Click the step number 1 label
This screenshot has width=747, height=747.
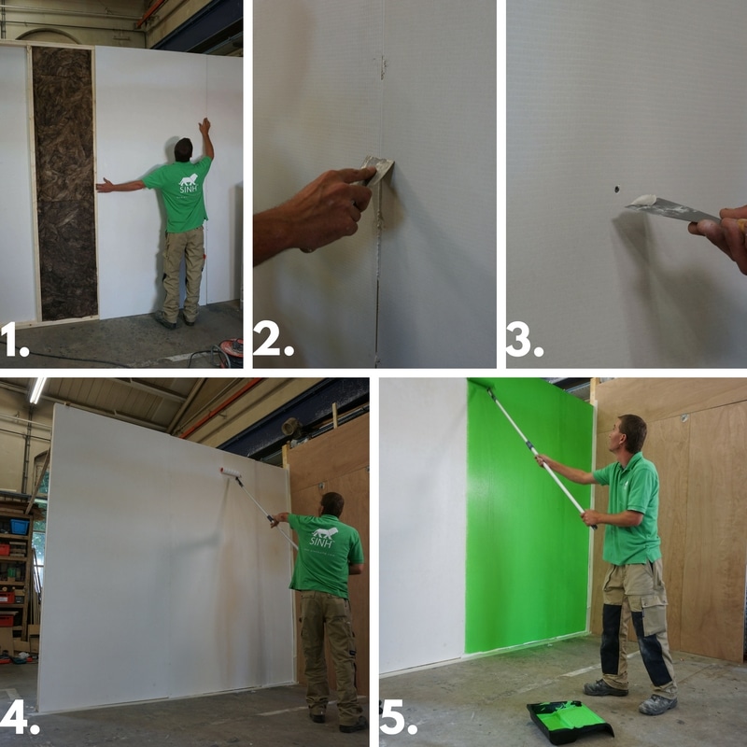15,343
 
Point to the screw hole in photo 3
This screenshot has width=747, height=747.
617,189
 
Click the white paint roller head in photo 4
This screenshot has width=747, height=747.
229,472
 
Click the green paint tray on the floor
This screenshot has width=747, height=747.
570,720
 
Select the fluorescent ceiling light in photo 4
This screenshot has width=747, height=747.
37,389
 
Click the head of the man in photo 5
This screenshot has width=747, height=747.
632,434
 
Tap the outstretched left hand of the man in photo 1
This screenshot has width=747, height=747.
102,187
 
